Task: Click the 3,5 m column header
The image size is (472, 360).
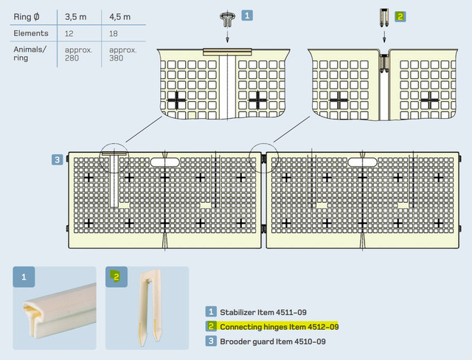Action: [x=75, y=17]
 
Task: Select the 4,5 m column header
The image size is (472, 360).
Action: [x=119, y=17]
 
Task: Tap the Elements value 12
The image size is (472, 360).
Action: [x=69, y=33]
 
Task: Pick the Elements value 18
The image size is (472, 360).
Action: [x=114, y=33]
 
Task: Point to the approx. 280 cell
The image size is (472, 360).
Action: [x=78, y=54]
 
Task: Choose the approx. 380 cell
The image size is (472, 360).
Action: [x=123, y=54]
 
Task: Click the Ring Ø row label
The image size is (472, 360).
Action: [x=27, y=17]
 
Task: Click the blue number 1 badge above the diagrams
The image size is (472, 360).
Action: [x=247, y=15]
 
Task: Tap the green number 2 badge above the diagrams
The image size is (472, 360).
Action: [x=400, y=16]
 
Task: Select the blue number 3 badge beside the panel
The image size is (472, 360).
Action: [x=58, y=159]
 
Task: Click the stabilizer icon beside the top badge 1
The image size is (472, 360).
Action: [x=227, y=20]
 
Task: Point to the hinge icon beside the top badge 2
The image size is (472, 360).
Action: [x=383, y=18]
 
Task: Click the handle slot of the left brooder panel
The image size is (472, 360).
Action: [x=164, y=162]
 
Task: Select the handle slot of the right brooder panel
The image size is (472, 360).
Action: [x=362, y=162]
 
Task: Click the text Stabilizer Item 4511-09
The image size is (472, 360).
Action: [x=263, y=312]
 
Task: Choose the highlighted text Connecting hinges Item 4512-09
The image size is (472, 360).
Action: [x=280, y=327]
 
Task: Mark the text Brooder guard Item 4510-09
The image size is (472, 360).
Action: [x=273, y=342]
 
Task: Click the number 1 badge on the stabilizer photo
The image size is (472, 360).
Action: [x=24, y=277]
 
